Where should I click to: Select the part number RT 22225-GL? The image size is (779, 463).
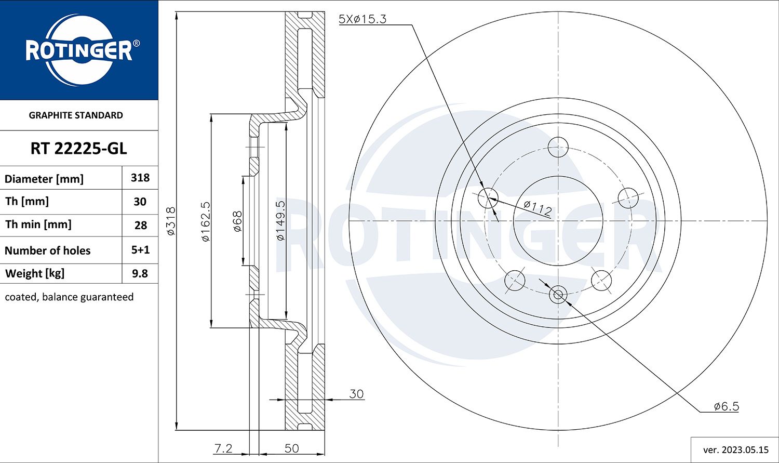(x=78, y=149)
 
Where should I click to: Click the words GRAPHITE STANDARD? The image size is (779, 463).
(x=76, y=115)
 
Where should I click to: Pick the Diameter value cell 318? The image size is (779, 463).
(x=140, y=178)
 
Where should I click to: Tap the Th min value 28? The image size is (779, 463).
(x=140, y=226)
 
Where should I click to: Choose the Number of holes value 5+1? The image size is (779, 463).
(x=140, y=250)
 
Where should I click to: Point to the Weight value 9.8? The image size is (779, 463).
(x=140, y=273)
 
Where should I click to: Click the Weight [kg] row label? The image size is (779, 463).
(x=35, y=273)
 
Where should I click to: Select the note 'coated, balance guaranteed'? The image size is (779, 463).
(x=69, y=297)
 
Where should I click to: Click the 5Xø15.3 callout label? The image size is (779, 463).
(x=362, y=19)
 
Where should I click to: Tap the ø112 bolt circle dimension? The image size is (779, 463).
(x=537, y=208)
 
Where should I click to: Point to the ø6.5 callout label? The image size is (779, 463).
(x=726, y=406)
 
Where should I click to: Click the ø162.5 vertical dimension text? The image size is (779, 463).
(x=206, y=221)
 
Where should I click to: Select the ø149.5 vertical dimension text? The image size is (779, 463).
(x=280, y=221)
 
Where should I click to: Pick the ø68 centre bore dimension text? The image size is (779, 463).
(x=237, y=221)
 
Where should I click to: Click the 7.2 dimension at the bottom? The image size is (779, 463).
(x=223, y=448)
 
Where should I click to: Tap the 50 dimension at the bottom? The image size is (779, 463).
(x=291, y=448)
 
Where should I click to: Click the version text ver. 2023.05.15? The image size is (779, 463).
(x=735, y=450)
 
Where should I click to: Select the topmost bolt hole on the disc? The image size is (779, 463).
(x=558, y=147)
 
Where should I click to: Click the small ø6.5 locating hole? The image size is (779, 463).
(x=558, y=295)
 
